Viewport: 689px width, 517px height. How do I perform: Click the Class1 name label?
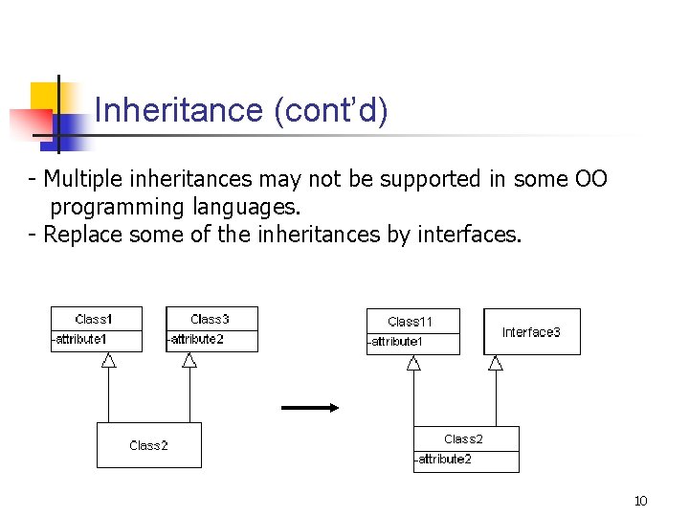click(x=95, y=319)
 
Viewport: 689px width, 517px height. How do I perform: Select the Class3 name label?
click(x=211, y=319)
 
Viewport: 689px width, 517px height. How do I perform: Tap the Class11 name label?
click(x=411, y=322)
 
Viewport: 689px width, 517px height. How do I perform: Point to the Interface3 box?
click(x=531, y=332)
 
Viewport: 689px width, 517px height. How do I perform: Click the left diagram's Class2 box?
click(x=149, y=445)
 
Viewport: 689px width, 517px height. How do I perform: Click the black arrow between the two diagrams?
click(x=310, y=407)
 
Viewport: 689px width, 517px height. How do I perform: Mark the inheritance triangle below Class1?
click(x=108, y=360)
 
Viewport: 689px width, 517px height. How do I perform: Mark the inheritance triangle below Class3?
click(x=189, y=360)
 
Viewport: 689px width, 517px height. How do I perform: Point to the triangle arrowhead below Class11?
click(x=413, y=363)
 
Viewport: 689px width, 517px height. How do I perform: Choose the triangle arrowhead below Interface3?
click(x=495, y=363)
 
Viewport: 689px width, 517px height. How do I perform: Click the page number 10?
click(x=640, y=501)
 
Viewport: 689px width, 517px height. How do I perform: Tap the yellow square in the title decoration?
click(x=43, y=96)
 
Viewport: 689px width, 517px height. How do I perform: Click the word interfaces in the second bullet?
click(x=470, y=235)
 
